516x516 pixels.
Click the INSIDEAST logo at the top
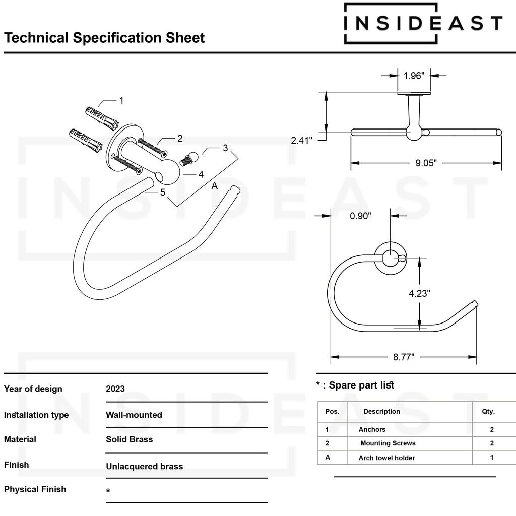click(x=423, y=23)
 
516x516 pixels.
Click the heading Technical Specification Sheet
click(x=104, y=38)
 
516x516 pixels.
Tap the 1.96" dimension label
click(x=414, y=76)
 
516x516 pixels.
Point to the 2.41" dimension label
click(x=302, y=141)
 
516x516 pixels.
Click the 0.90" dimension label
click(x=361, y=216)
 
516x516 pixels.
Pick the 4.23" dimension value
click(x=419, y=293)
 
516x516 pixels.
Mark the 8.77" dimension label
click(x=404, y=357)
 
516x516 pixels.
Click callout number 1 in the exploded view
click(x=121, y=100)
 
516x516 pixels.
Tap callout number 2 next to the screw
click(x=180, y=138)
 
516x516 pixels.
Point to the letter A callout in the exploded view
click(x=214, y=186)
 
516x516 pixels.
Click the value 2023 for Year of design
click(x=115, y=389)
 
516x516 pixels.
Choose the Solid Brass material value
click(x=129, y=439)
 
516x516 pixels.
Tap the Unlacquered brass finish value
click(x=144, y=466)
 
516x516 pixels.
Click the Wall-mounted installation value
click(x=134, y=415)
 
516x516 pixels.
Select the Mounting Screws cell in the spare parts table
click(x=388, y=443)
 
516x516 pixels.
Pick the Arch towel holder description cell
click(x=386, y=458)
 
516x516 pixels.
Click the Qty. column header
click(x=488, y=411)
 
